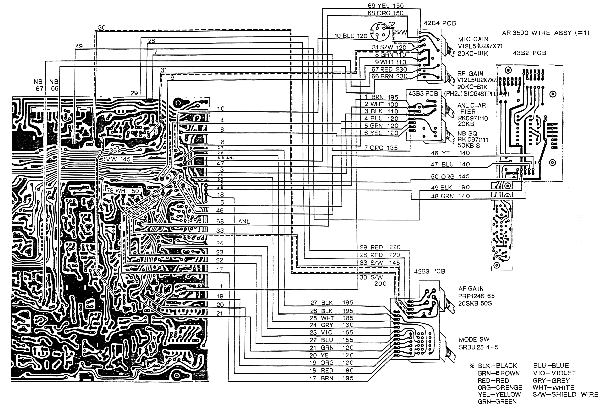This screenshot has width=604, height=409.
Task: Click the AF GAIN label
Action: (x=471, y=289)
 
